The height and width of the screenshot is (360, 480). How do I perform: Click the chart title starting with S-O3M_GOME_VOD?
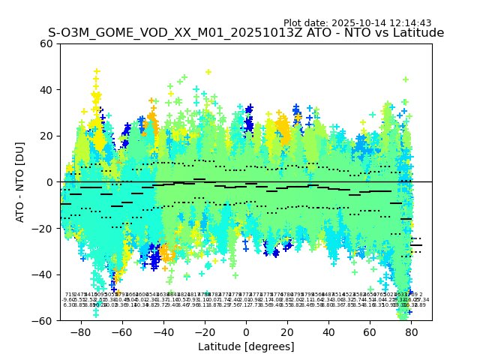[x=246, y=33]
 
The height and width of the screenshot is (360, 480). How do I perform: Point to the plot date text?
[x=367, y=23]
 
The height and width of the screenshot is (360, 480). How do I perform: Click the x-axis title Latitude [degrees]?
[x=246, y=346]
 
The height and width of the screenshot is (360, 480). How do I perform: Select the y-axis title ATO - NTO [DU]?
[x=20, y=182]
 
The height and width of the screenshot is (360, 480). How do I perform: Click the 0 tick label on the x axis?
[x=246, y=331]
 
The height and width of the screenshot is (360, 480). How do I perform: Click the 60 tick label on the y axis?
[x=46, y=43]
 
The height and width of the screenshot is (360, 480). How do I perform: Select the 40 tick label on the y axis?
[x=46, y=90]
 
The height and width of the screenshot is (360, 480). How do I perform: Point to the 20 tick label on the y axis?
[x=46, y=136]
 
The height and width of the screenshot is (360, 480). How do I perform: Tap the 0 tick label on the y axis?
[x=49, y=182]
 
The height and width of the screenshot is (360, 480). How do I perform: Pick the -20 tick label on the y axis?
[x=43, y=228]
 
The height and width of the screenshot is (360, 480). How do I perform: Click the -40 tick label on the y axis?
[x=43, y=274]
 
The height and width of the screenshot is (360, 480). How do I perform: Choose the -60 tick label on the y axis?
[x=43, y=320]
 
